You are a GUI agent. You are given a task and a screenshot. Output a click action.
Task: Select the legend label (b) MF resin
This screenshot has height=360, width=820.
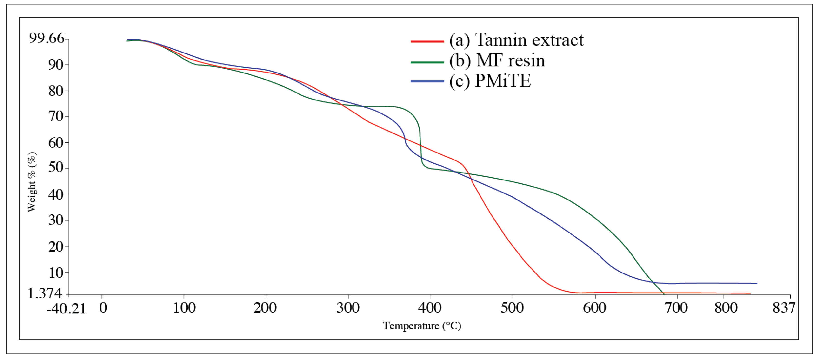point(497,60)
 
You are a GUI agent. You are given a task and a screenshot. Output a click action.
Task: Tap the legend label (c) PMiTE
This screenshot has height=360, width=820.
point(490,81)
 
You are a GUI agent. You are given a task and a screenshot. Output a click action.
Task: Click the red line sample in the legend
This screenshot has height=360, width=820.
point(427,41)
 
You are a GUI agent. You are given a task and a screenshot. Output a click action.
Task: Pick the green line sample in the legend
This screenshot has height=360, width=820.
point(427,62)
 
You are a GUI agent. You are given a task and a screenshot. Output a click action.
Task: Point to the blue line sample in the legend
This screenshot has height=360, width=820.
point(427,81)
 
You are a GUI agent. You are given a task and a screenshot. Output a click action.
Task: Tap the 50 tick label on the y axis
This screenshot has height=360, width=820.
point(55,167)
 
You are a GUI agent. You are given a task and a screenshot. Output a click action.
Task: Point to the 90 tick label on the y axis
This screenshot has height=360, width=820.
point(55,65)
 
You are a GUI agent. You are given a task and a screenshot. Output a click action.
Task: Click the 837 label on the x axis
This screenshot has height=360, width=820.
point(784,308)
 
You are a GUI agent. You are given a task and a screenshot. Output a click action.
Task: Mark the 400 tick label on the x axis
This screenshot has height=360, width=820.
point(430,308)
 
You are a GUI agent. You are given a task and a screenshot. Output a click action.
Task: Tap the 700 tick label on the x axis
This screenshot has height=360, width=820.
point(676,308)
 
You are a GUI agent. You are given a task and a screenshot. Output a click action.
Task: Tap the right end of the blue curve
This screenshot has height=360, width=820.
point(756,283)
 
